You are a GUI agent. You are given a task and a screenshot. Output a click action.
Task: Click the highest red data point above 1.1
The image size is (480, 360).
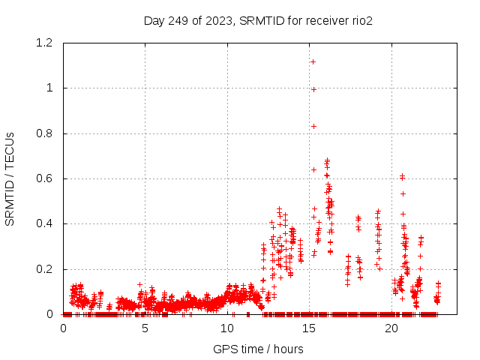point(313,61)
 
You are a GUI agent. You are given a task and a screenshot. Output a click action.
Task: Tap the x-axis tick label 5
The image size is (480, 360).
point(145,328)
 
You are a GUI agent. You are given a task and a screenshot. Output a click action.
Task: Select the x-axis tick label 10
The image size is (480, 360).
point(227,328)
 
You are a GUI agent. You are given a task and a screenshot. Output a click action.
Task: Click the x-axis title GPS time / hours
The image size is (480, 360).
point(258,349)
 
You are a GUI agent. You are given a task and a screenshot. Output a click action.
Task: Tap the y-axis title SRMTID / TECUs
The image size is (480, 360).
point(10,178)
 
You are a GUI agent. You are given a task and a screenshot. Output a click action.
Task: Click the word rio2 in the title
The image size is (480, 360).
point(361,20)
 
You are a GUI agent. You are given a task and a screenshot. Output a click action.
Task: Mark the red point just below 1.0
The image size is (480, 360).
point(313,89)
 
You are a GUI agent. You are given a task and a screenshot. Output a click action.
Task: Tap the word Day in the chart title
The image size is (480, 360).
point(154,20)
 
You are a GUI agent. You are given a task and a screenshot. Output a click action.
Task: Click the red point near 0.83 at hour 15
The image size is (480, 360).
point(313,126)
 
